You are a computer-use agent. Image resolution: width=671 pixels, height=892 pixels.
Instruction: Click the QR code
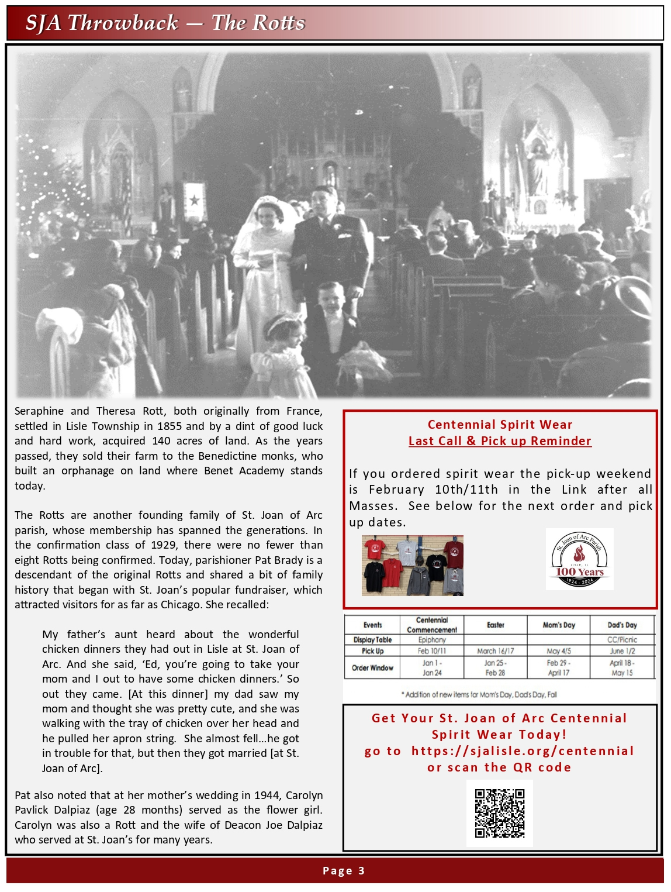click(x=499, y=814)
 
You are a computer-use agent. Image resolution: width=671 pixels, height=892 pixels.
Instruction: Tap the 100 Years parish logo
click(x=579, y=560)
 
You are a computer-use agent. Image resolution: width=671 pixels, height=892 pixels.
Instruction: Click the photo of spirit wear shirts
click(x=412, y=566)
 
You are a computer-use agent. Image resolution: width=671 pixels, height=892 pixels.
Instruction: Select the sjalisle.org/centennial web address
click(x=523, y=751)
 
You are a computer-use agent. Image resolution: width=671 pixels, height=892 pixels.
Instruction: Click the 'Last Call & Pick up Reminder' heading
click(x=500, y=441)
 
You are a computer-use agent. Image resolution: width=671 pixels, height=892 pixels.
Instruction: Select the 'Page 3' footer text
click(x=344, y=871)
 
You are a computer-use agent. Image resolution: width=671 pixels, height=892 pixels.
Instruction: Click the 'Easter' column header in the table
click(x=495, y=625)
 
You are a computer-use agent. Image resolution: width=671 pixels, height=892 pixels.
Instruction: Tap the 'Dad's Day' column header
click(x=622, y=625)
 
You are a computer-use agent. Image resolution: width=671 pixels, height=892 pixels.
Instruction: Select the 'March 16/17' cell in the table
click(x=495, y=651)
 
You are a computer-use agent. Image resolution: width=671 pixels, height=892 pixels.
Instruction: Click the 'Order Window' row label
click(x=372, y=667)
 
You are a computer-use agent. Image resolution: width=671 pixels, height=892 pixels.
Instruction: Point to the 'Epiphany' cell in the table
click(x=432, y=640)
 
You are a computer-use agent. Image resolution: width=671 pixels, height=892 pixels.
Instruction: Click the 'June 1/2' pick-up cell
click(x=622, y=651)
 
